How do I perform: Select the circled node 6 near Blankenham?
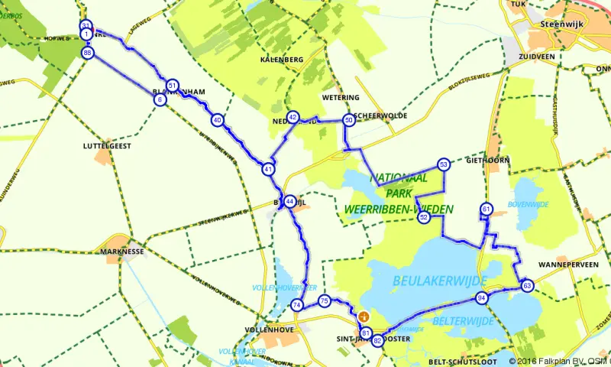click(160, 99)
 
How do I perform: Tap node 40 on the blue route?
click(218, 120)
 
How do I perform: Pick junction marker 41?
click(268, 168)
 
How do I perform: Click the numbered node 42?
click(293, 117)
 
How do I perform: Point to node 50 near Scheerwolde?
click(348, 120)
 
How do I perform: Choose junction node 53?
click(443, 164)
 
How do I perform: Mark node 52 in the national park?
click(423, 217)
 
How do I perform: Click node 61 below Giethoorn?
click(486, 209)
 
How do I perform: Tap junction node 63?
click(527, 285)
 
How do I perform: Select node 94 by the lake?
click(481, 297)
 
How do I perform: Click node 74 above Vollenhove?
click(296, 305)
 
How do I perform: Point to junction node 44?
click(289, 200)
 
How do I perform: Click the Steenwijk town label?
click(561, 24)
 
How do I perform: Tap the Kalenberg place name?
click(282, 60)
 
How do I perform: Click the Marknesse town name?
click(122, 250)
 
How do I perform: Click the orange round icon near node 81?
click(364, 316)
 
